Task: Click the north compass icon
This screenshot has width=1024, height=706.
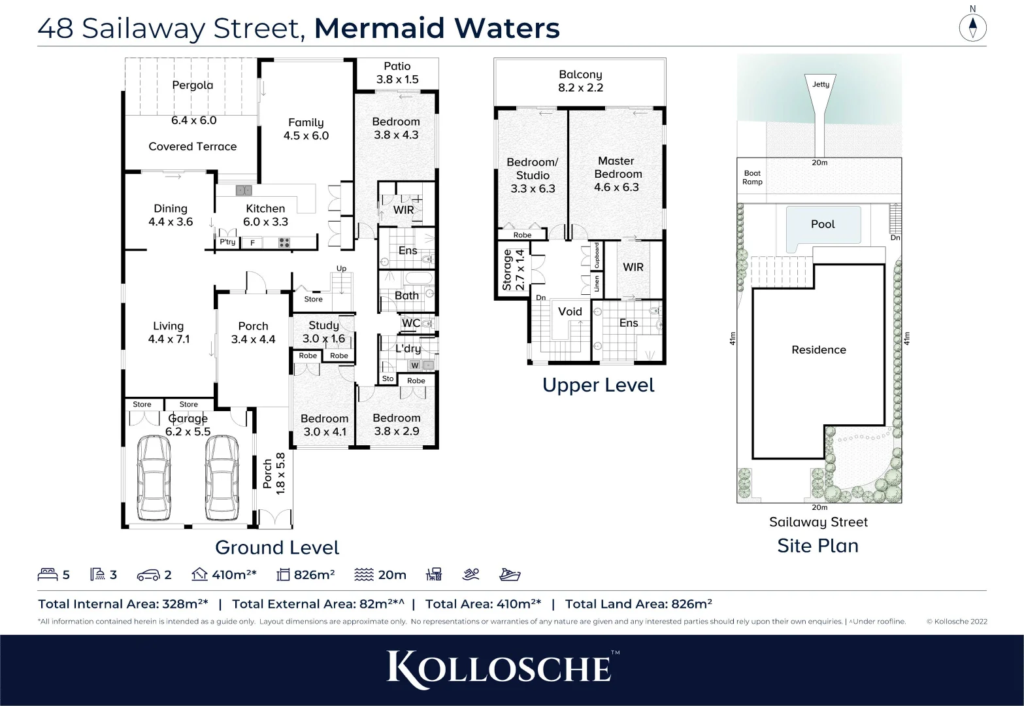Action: point(972,27)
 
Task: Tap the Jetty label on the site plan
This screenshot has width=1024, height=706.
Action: point(820,84)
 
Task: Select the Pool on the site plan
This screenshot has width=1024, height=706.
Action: point(823,224)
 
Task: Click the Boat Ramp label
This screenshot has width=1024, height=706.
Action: point(752,178)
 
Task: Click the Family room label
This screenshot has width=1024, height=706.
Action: point(306,129)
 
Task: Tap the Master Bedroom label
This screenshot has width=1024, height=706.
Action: point(617,174)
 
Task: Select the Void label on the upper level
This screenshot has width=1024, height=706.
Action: point(570,312)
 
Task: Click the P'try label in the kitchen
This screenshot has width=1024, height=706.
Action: point(227,243)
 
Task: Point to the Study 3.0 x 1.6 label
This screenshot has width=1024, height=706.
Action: point(323,331)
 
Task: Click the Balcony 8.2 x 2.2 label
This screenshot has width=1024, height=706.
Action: point(580,81)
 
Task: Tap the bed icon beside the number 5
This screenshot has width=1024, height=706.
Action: point(48,575)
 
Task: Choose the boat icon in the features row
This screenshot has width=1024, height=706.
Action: point(510,575)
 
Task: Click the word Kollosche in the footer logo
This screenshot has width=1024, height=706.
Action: point(500,669)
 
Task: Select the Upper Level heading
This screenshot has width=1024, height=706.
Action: point(598,385)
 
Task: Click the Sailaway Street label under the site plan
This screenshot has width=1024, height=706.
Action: point(818,522)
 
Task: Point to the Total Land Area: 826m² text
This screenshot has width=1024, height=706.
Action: point(638,604)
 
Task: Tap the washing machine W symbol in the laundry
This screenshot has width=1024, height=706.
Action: point(414,365)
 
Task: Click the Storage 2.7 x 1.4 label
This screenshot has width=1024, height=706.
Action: point(514,269)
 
